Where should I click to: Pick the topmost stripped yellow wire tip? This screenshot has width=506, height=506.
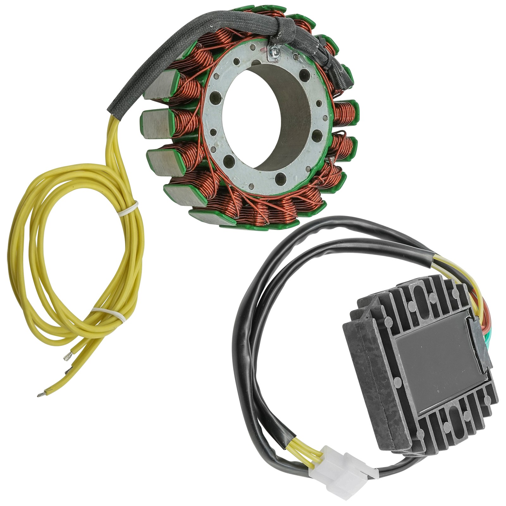[x=67, y=358]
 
